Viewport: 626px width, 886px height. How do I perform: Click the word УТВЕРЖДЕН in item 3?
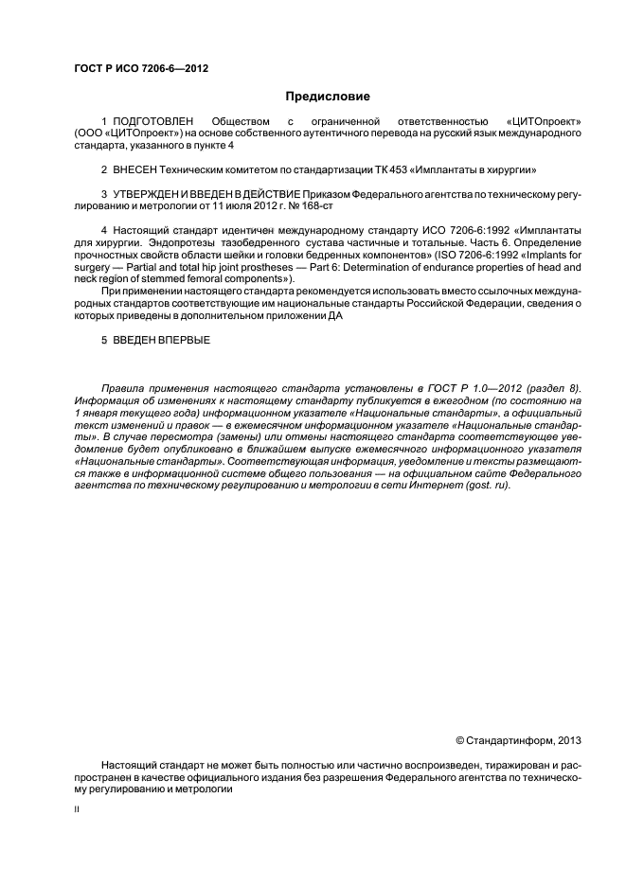[149, 194]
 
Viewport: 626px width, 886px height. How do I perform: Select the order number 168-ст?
[314, 205]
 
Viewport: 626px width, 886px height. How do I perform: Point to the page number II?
[77, 810]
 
